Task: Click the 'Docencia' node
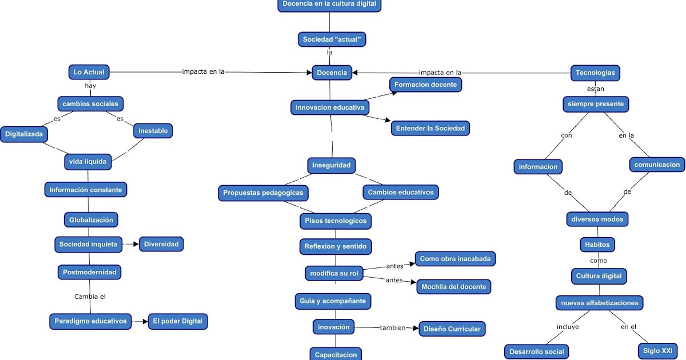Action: [332, 73]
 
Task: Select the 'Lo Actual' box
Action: [89, 72]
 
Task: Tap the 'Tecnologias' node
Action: [595, 73]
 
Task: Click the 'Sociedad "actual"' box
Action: [332, 39]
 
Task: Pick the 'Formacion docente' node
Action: [426, 85]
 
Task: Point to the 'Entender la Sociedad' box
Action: [430, 128]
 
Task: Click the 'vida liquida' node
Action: [88, 162]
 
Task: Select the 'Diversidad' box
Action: [161, 244]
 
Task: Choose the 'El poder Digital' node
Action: [177, 321]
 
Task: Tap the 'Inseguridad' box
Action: [332, 165]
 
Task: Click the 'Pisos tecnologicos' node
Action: [336, 221]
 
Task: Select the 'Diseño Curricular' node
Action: [452, 329]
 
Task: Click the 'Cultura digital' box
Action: [599, 276]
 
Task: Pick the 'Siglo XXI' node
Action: [658, 351]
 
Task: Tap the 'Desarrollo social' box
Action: [536, 351]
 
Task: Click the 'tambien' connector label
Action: [392, 328]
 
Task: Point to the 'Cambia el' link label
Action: [90, 297]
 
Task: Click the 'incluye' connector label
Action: [568, 327]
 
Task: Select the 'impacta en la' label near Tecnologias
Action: [440, 73]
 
